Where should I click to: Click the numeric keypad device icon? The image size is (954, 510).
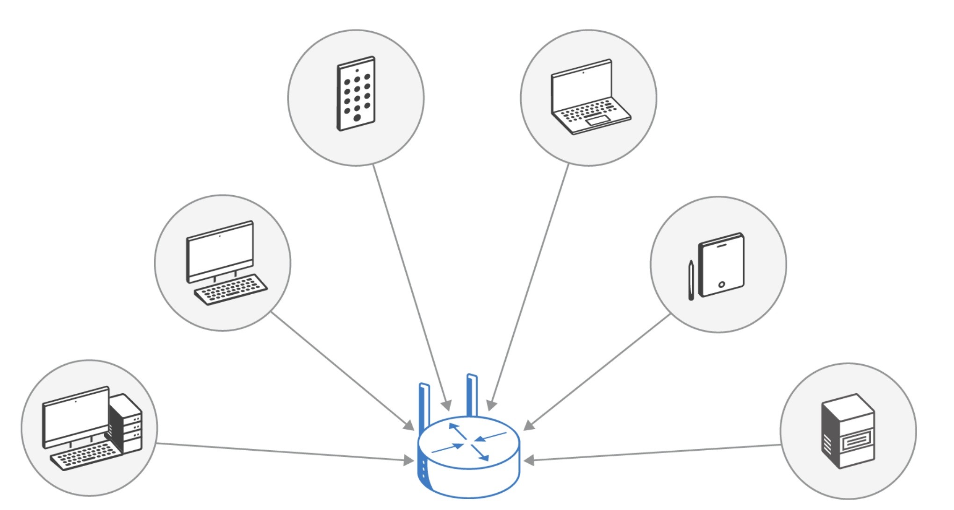(x=356, y=93)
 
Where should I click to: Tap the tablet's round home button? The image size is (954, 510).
(x=722, y=284)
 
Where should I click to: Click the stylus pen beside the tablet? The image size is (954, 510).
(x=691, y=280)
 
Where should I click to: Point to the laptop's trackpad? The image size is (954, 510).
(x=598, y=120)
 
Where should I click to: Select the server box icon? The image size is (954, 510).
(x=848, y=431)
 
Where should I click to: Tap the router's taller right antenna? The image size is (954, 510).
(x=472, y=395)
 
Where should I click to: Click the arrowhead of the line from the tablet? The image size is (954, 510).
(x=529, y=425)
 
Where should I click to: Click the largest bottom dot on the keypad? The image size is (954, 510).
(x=357, y=118)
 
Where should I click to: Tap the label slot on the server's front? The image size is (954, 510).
(x=857, y=440)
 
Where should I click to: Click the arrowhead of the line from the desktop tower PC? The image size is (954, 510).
(x=409, y=460)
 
